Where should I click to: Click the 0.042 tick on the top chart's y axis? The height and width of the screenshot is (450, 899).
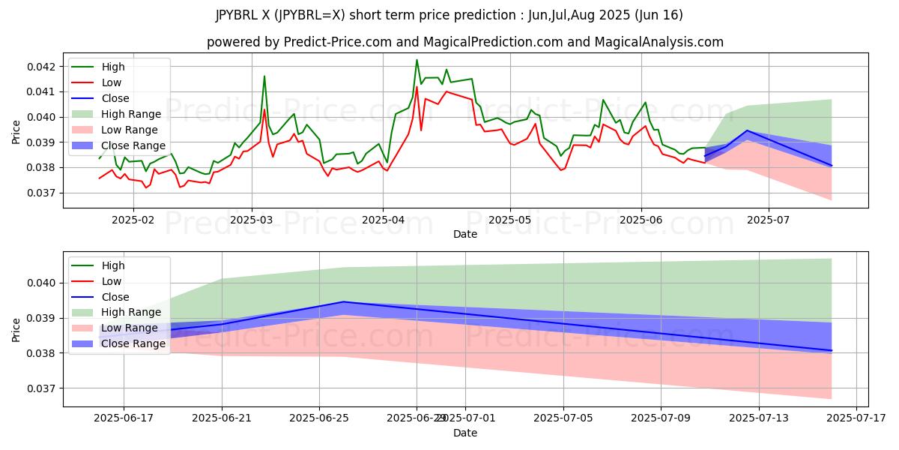43,67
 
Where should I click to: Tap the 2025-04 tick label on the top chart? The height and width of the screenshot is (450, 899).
383,220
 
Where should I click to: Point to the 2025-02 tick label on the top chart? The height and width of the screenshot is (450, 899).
133,220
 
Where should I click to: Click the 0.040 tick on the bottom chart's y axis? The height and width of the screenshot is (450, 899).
43,283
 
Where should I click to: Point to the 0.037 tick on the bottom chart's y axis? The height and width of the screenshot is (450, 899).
43,388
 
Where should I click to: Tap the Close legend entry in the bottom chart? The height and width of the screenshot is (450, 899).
115,296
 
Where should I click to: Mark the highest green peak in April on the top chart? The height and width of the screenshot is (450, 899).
417,60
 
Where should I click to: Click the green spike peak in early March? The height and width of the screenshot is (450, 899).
264,76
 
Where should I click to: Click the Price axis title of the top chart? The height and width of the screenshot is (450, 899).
16,131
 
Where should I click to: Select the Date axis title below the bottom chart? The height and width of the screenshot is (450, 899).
464,433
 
